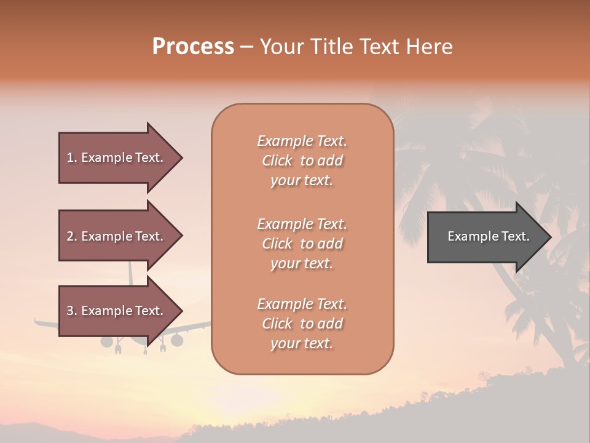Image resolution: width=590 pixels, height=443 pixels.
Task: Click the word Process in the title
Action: (x=193, y=47)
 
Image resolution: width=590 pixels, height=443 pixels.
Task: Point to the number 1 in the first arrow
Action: (x=71, y=158)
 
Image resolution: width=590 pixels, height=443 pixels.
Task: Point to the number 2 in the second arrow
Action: (x=71, y=236)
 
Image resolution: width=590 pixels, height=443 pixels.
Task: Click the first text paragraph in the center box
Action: (x=302, y=161)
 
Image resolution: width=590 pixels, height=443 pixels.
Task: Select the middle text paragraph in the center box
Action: (x=302, y=244)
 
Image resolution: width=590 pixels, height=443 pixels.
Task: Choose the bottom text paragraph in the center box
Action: (x=302, y=324)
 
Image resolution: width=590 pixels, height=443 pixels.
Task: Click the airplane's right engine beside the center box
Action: (x=177, y=340)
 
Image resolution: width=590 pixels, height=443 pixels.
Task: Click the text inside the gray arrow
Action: (x=489, y=237)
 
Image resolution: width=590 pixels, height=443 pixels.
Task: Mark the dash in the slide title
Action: (x=246, y=47)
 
